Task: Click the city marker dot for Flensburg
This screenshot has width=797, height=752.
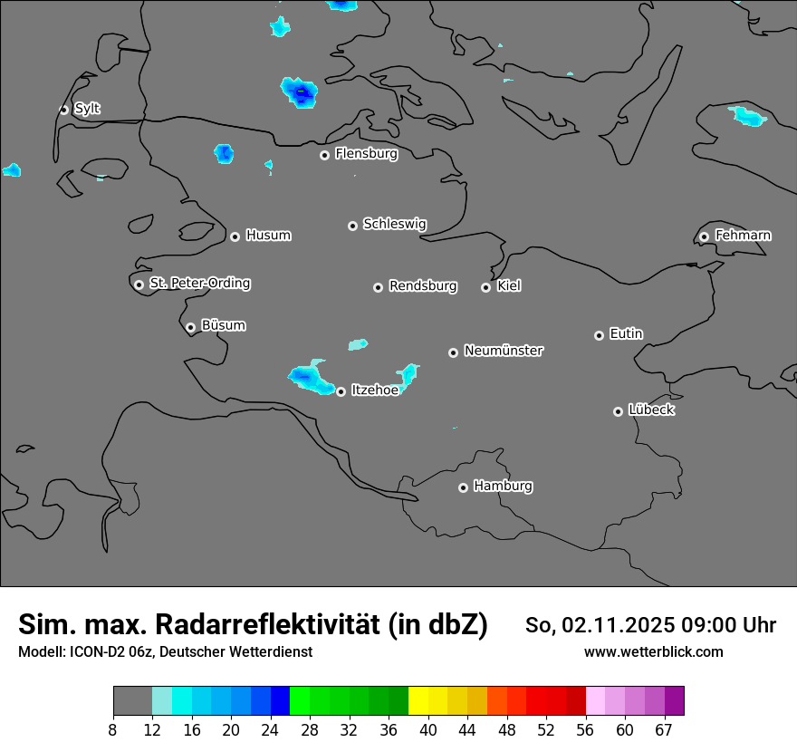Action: [324, 155]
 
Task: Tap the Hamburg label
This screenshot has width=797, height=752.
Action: [503, 487]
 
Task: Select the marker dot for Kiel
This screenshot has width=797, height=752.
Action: [485, 287]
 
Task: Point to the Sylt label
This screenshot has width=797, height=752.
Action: [87, 109]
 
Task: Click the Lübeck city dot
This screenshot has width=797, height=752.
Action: [618, 411]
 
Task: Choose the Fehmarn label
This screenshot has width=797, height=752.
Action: [743, 236]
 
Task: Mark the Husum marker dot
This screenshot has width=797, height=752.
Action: [235, 236]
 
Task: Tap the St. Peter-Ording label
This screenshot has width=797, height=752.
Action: [199, 284]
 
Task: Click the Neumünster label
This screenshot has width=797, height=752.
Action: [504, 351]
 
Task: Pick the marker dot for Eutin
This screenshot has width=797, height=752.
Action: [599, 335]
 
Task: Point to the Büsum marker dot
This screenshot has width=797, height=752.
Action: [190, 327]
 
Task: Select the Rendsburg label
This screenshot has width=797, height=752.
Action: [423, 286]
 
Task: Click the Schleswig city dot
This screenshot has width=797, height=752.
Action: [352, 226]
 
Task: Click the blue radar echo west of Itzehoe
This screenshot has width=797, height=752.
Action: [311, 378]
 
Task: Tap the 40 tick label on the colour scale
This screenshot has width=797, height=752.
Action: [428, 730]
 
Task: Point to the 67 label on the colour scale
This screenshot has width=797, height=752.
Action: [664, 730]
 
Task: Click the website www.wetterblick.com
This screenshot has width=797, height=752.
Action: [653, 651]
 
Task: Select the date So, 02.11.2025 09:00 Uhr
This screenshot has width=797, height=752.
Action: [650, 625]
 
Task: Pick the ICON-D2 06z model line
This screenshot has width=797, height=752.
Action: [165, 651]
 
